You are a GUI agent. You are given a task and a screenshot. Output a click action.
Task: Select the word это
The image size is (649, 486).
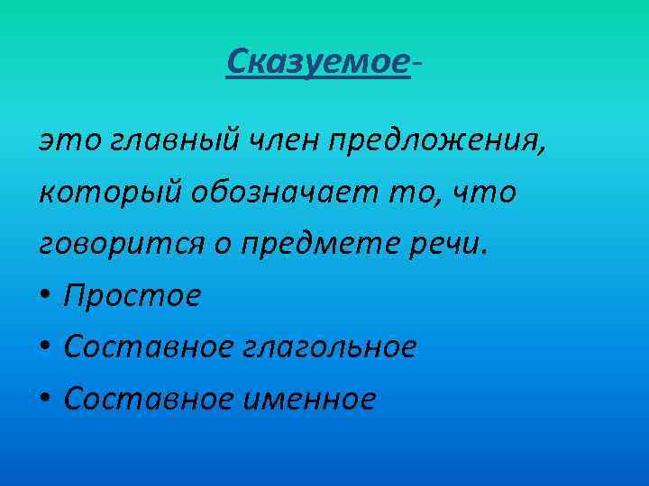pyautogui.click(x=64, y=140)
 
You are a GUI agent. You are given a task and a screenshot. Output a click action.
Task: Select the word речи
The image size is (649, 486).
pyautogui.click(x=460, y=245)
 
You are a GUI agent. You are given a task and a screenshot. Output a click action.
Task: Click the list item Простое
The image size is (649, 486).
pyautogui.click(x=133, y=296)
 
